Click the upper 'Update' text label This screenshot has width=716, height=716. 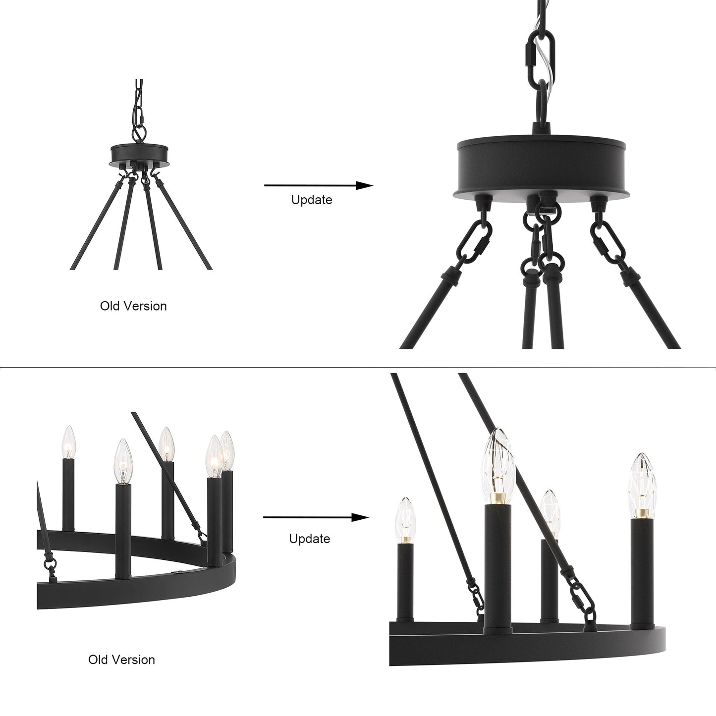[x=311, y=200]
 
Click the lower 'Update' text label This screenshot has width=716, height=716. [x=310, y=538]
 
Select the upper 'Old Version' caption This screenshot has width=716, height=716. [x=133, y=306]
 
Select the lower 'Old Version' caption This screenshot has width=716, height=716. [x=121, y=660]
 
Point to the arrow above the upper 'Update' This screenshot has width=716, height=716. [x=318, y=185]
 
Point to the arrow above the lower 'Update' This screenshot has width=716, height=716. [x=316, y=518]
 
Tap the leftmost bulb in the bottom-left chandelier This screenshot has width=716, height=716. [x=68, y=442]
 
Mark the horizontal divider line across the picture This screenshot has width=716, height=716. [x=358, y=368]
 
